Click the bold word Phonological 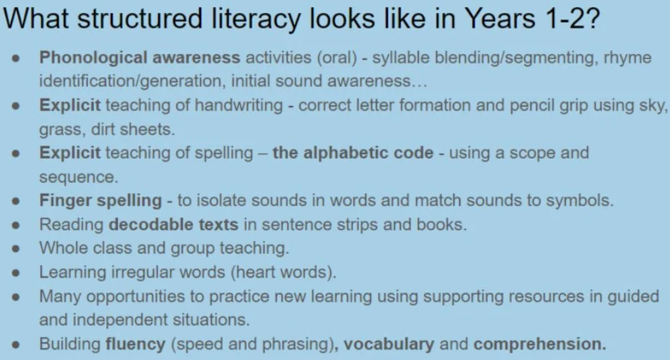[94, 58]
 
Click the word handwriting [239, 105]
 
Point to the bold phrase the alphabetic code [353, 153]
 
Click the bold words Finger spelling [101, 201]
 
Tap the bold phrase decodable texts [174, 224]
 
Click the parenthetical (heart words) [283, 272]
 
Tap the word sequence [79, 178]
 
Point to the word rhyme [628, 58]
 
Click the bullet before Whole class [16, 249]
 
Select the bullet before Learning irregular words [16, 273]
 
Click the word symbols [580, 201]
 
